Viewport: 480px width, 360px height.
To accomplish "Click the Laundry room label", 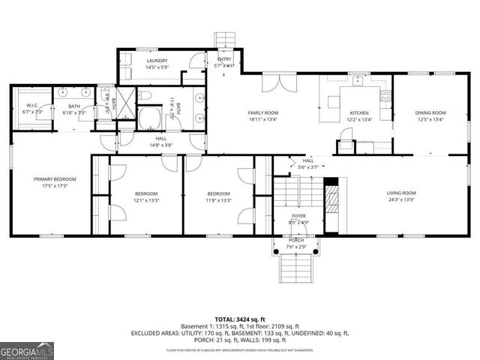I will click(x=157, y=61).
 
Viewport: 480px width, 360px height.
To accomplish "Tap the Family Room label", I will click(x=262, y=112).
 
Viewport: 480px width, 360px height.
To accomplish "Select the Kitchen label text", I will click(x=359, y=112).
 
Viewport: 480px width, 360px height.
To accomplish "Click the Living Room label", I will click(x=401, y=192).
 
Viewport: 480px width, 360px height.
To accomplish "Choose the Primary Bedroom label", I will click(x=55, y=179).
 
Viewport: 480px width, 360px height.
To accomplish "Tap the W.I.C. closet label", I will click(x=32, y=106).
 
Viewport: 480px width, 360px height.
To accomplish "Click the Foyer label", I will click(x=298, y=215).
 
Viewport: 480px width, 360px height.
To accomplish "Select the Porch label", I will click(x=296, y=240).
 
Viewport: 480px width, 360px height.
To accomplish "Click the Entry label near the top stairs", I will click(x=225, y=59).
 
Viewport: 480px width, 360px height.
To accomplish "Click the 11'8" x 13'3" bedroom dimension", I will click(x=218, y=199).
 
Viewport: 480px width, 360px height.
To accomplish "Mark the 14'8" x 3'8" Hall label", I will click(x=161, y=145).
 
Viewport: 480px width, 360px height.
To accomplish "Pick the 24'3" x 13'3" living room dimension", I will click(x=401, y=199).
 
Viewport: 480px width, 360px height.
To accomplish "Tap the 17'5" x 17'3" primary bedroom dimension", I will click(x=55, y=186).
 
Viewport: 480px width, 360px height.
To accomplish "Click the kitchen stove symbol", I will click(x=386, y=95).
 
